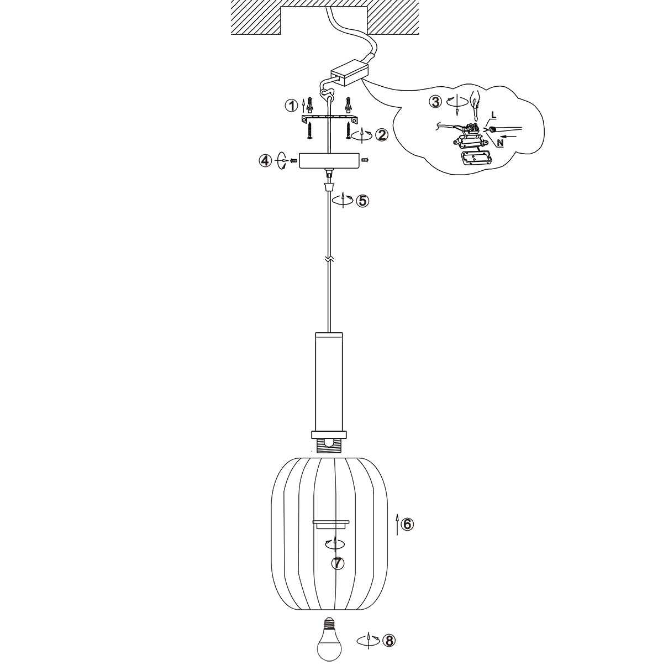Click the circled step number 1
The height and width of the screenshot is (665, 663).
click(x=292, y=106)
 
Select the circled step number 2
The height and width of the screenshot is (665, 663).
click(x=382, y=135)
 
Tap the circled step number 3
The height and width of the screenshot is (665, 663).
click(x=436, y=102)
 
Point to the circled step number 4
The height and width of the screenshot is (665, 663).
click(x=265, y=161)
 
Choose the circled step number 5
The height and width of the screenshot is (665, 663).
click(x=362, y=201)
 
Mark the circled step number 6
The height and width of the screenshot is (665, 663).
click(x=407, y=533)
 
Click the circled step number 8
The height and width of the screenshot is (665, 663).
click(x=389, y=641)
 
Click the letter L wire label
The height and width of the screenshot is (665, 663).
click(x=493, y=116)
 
